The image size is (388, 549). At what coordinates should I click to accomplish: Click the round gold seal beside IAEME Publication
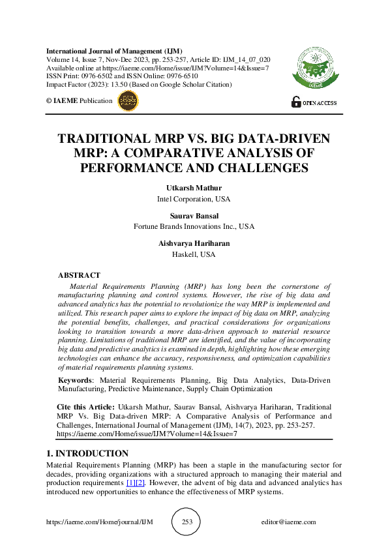[x=128, y=100]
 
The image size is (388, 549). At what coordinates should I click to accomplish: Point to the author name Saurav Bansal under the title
[x=194, y=216]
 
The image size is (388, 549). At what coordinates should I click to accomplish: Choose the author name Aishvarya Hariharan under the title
[x=194, y=244]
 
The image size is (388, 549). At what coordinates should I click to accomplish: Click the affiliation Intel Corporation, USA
[x=194, y=199]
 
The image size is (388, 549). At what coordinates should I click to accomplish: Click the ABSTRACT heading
[x=79, y=275]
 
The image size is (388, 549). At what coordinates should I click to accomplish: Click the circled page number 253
[x=186, y=522]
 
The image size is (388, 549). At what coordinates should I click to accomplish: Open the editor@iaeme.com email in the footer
[x=288, y=522]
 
